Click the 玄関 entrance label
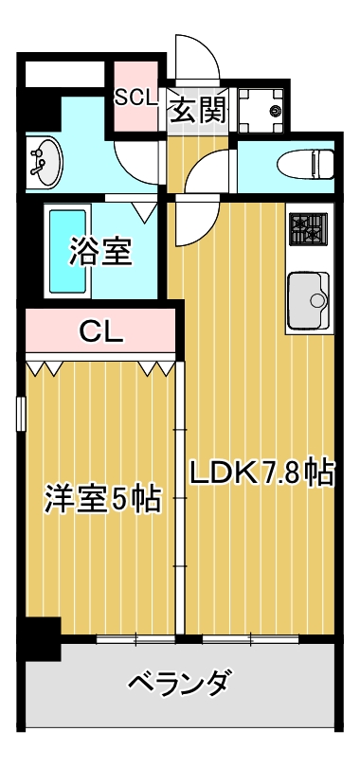click(x=199, y=112)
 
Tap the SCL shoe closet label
click(x=138, y=97)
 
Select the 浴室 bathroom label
click(x=99, y=252)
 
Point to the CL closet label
click(x=99, y=331)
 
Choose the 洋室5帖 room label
click(x=101, y=499)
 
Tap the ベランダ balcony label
click(x=179, y=682)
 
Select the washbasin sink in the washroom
click(x=44, y=161)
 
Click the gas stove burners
click(x=308, y=229)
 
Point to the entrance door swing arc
click(x=201, y=59)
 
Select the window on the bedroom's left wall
click(x=20, y=415)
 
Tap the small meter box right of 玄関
click(x=261, y=112)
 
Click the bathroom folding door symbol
click(x=145, y=210)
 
